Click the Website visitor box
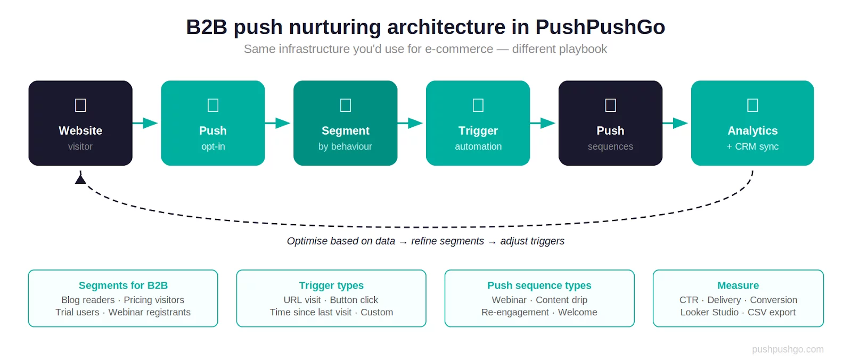point(80,123)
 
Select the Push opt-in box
point(213,123)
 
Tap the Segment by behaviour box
point(345,123)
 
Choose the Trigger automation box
point(478,123)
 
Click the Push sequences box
point(610,123)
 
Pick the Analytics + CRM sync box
point(752,123)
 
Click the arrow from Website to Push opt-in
point(146,123)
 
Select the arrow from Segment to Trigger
point(411,123)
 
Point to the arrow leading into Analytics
point(676,123)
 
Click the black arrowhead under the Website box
point(80,179)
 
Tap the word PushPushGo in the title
point(600,27)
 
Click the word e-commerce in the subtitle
point(459,49)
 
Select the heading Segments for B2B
point(123,285)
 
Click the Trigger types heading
point(331,285)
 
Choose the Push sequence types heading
point(539,285)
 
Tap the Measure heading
point(738,285)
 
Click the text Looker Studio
point(709,312)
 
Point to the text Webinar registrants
point(150,312)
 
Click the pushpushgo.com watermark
point(788,349)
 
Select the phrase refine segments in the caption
point(447,241)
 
